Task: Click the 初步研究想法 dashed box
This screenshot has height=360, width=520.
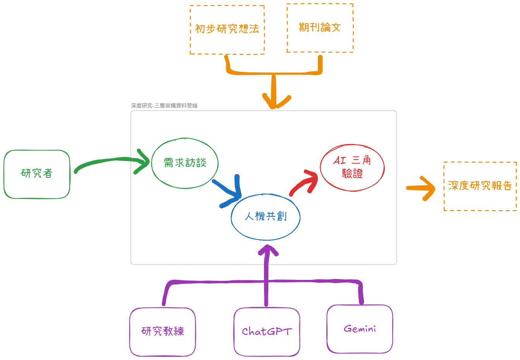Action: [227, 30]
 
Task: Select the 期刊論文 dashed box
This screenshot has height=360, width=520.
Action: [320, 28]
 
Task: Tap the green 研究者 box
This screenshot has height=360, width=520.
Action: [37, 174]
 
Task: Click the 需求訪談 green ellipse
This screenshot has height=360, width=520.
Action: [185, 163]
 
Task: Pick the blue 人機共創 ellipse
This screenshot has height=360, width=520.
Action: [266, 217]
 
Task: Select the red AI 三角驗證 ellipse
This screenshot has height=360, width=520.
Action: [352, 168]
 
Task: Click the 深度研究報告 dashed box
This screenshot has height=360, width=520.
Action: [480, 186]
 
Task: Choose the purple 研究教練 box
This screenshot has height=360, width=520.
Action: [162, 332]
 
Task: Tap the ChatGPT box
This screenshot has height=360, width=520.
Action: [267, 332]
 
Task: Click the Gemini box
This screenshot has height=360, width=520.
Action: [360, 329]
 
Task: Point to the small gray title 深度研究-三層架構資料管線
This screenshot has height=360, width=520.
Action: [164, 106]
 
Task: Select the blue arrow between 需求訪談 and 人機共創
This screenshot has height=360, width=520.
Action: [228, 192]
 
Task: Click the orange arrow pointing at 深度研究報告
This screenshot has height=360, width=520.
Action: [421, 188]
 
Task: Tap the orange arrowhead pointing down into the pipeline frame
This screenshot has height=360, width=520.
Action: [275, 101]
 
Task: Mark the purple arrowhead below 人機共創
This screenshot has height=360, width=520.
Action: [267, 251]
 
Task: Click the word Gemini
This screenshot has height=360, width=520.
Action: [360, 329]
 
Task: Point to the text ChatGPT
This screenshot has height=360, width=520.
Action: [267, 332]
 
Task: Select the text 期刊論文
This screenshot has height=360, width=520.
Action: [320, 27]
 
